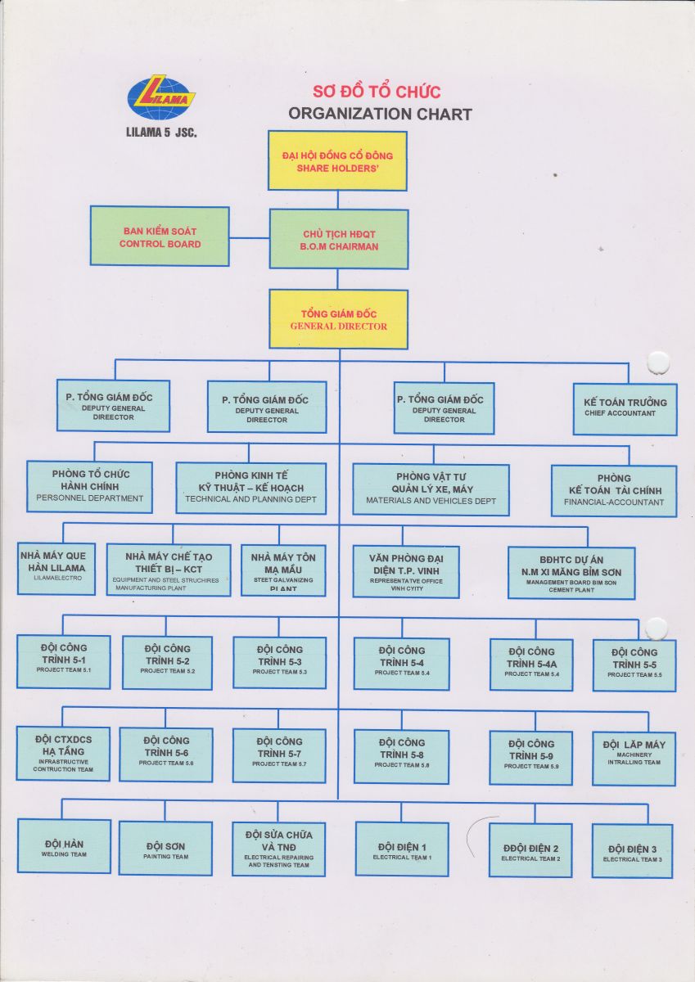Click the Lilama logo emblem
click(161, 98)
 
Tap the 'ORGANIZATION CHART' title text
click(380, 114)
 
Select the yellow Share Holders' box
click(337, 161)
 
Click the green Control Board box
click(160, 236)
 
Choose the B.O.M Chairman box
click(339, 239)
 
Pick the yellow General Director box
click(338, 319)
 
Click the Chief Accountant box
click(625, 408)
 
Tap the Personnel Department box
click(90, 486)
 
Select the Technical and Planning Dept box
click(250, 488)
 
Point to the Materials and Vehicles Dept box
click(431, 489)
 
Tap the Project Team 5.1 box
click(63, 660)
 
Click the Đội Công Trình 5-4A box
click(530, 664)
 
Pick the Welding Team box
click(64, 845)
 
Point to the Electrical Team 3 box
click(632, 850)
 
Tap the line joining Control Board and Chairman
click(249, 238)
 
